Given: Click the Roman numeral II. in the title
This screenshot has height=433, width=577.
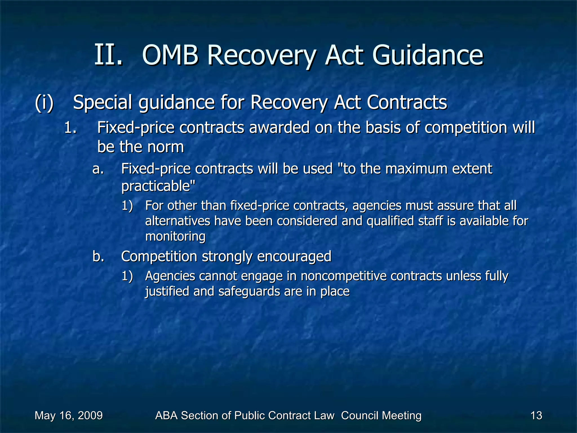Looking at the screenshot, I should click(108, 55).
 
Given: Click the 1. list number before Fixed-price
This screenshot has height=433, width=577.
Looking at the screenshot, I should click(70, 128).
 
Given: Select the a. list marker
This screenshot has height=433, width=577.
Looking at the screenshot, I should click(98, 169).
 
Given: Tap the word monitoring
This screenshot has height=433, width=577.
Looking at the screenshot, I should click(175, 236).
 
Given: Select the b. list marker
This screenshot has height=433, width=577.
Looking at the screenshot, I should click(98, 257).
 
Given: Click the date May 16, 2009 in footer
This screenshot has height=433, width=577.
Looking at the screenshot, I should click(68, 416).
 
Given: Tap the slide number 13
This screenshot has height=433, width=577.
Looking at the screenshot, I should click(536, 416).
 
